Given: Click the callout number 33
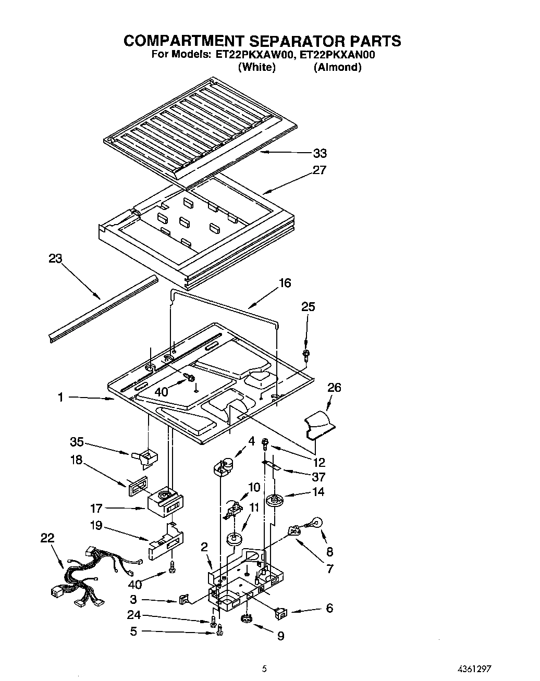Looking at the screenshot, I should pos(320,153).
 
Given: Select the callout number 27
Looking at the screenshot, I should pos(320,170).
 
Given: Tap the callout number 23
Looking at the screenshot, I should pos(55,258).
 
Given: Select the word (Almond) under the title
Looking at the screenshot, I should pos(337,67).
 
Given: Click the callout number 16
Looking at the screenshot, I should pos(285,283).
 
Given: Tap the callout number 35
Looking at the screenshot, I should pos(77,442).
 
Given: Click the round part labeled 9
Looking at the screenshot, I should pos(247,618).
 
